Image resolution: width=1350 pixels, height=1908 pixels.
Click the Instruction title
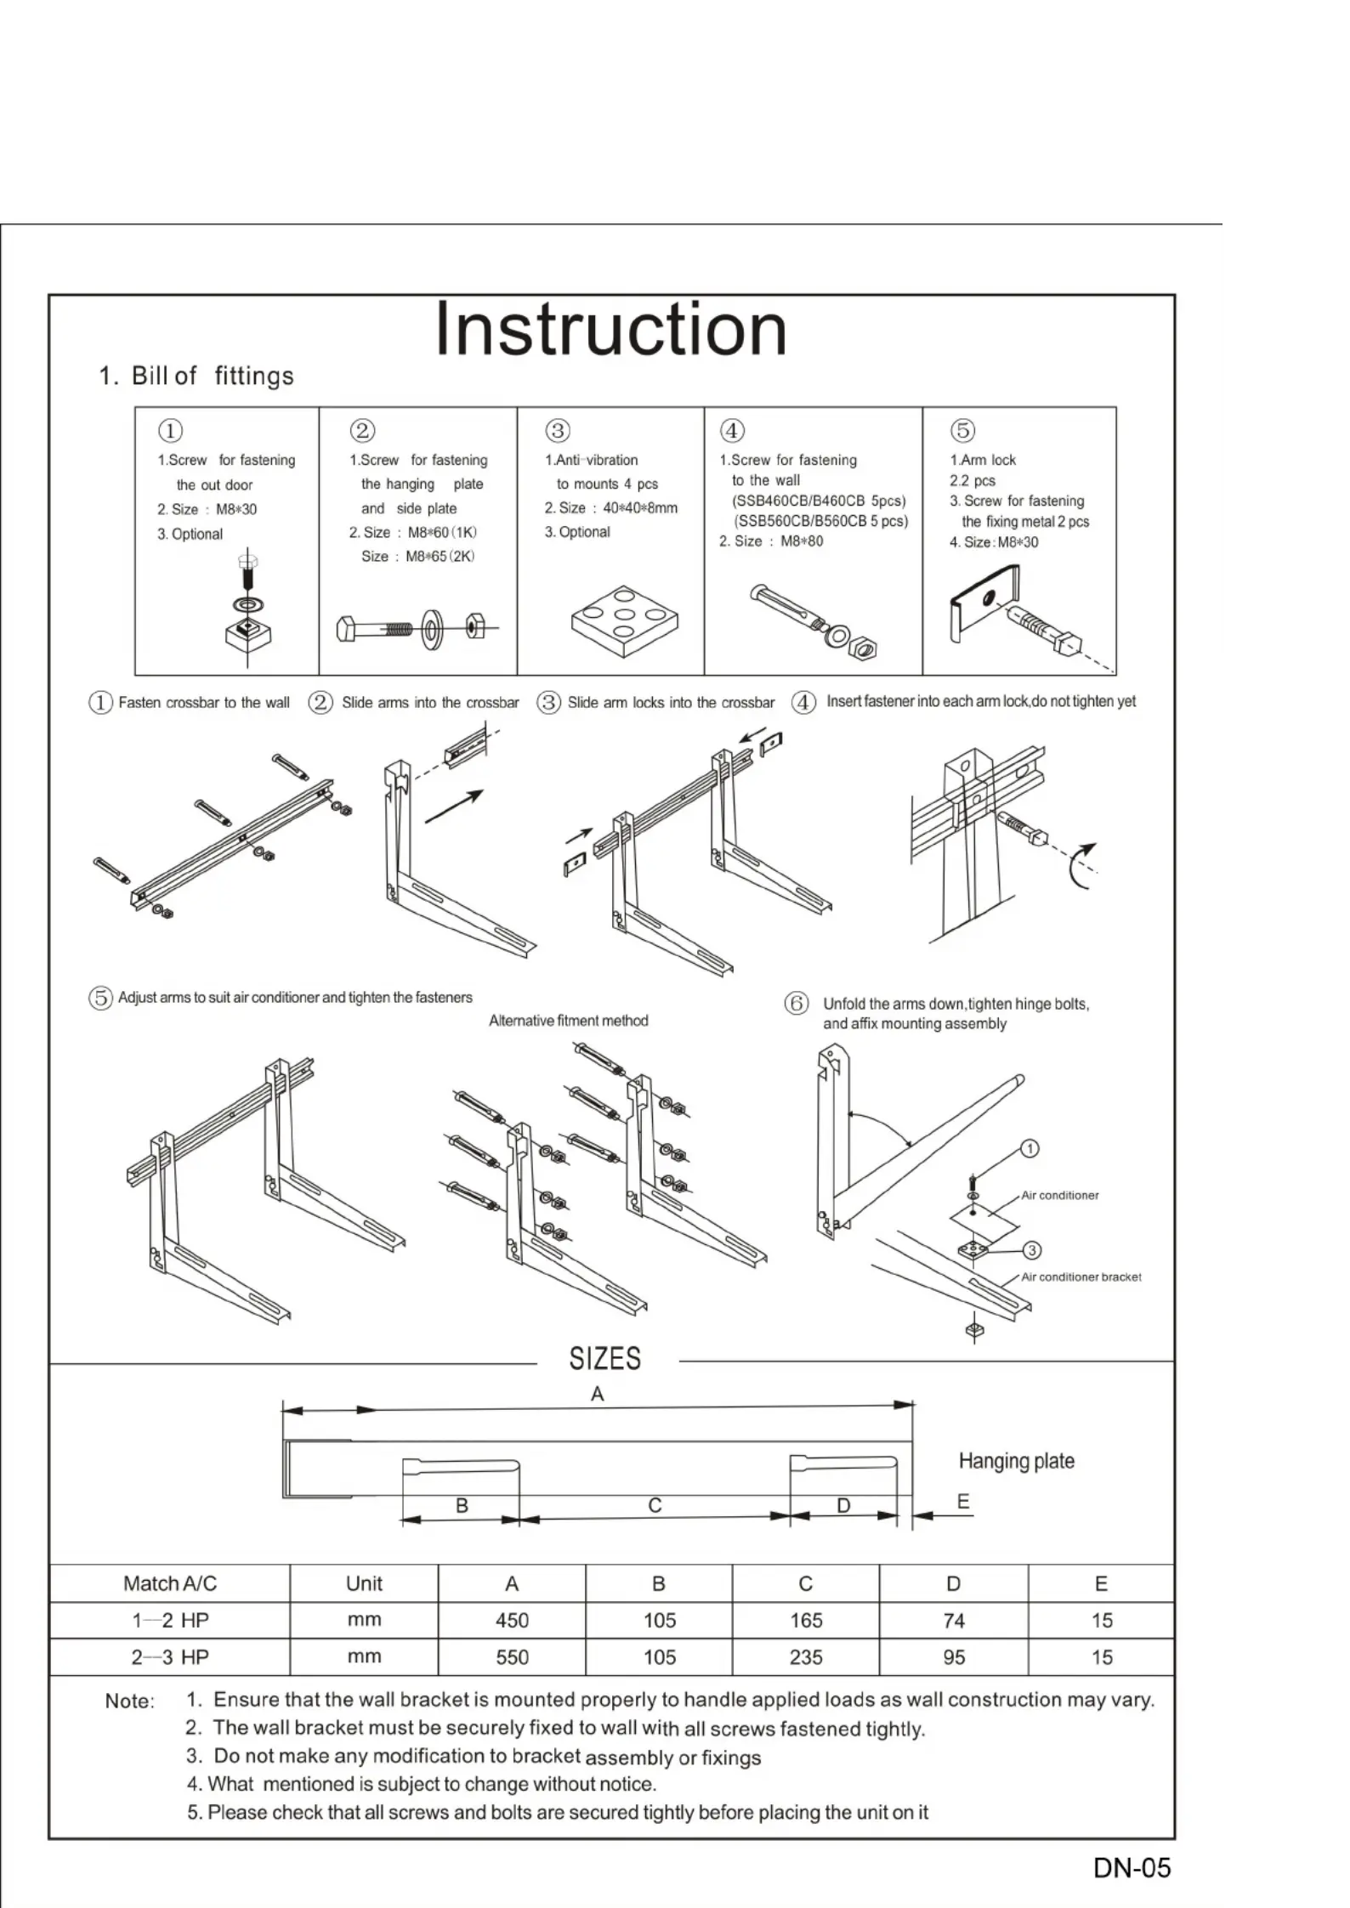coord(610,330)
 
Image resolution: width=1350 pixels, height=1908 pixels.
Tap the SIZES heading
coord(604,1358)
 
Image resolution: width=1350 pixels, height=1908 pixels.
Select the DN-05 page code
coord(1132,1867)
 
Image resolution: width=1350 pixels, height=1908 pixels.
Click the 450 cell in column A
coord(512,1620)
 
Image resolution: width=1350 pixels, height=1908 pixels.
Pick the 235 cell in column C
coord(805,1656)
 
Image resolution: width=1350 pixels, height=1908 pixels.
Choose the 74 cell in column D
coord(953,1620)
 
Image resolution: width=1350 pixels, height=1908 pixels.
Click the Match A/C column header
coord(170,1582)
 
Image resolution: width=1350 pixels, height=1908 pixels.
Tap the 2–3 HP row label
coord(170,1656)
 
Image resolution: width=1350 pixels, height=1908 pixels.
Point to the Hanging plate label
coord(1016,1461)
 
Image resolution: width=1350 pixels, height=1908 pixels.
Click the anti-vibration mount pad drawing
coord(625,620)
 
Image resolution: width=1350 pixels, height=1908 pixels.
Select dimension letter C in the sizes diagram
coord(655,1505)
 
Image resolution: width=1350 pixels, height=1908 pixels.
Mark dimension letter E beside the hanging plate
coord(962,1502)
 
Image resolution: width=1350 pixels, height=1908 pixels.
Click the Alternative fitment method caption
coord(568,1021)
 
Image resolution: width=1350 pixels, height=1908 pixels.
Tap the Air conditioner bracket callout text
coord(1081,1277)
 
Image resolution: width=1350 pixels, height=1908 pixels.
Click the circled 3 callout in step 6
coord(1031,1250)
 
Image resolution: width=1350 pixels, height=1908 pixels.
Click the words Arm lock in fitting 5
coord(988,460)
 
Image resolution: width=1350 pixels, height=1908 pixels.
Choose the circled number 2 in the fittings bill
coord(362,431)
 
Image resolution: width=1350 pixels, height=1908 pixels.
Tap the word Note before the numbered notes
coord(129,1701)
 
